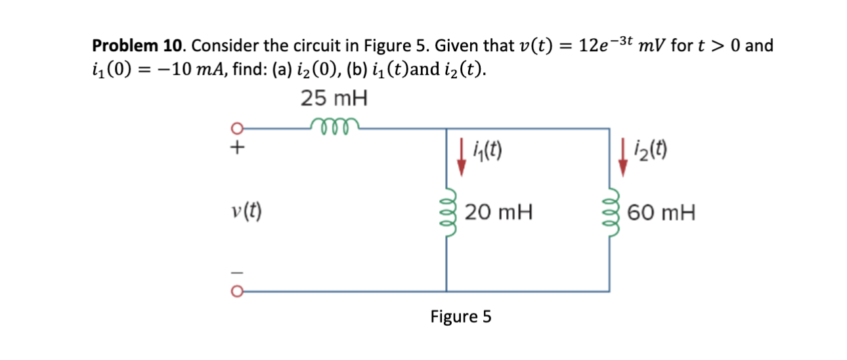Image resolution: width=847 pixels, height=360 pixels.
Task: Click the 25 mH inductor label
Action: [334, 99]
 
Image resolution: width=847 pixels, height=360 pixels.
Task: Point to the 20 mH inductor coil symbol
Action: [448, 213]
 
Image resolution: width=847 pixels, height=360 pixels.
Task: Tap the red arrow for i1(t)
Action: [462, 160]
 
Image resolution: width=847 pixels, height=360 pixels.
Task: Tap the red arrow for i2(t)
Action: [622, 160]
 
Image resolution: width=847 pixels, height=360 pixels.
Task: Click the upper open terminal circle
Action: [240, 129]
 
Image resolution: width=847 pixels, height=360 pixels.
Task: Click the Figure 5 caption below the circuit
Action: [460, 317]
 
